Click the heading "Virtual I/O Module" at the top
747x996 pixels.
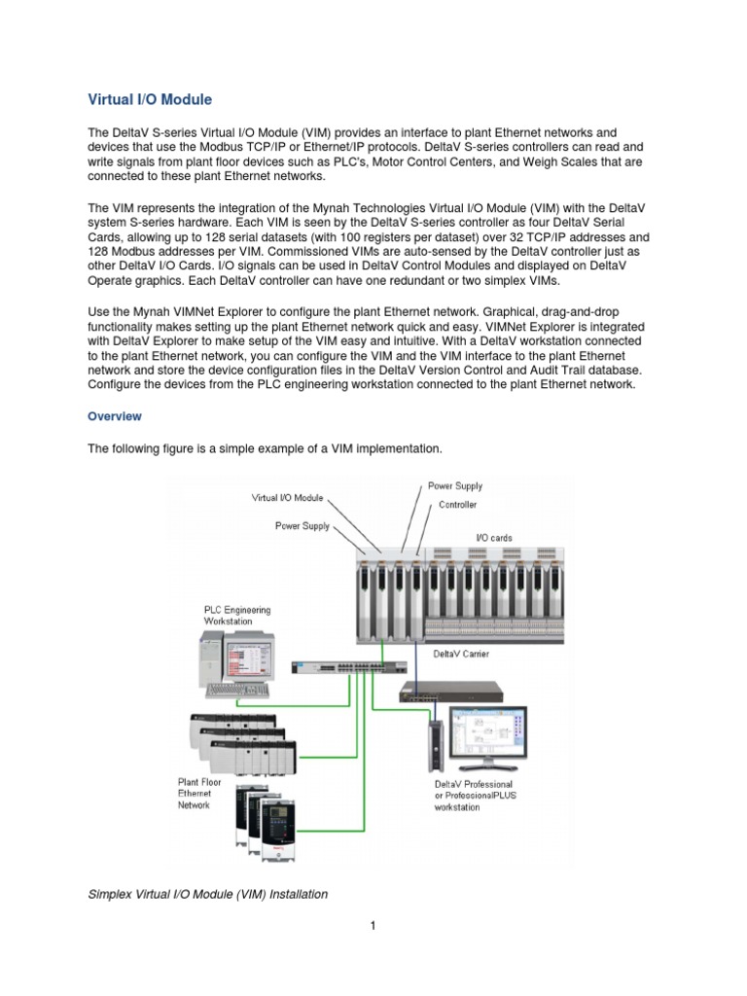pos(149,99)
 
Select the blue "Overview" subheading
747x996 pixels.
pos(115,416)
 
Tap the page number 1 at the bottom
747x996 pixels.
pos(373,926)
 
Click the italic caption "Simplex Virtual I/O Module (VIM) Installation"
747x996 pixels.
pos(207,893)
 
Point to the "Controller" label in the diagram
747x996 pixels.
pos(457,506)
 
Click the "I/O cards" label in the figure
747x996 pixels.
pos(493,537)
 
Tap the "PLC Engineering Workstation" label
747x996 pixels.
pos(236,615)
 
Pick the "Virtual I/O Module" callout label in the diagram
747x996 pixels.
pos(287,497)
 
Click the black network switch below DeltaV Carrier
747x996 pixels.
pos(450,692)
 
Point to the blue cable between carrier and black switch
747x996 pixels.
pos(414,663)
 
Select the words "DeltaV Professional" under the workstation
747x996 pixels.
pos(474,784)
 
